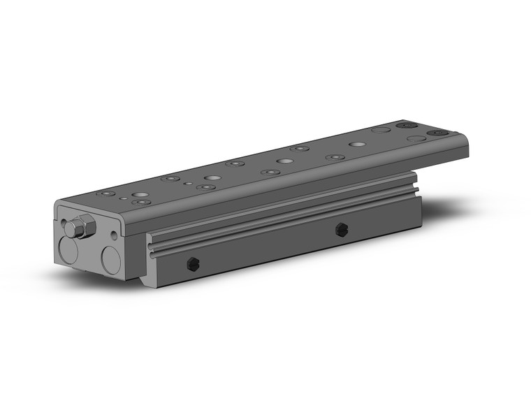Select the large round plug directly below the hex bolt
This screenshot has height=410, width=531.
pos(68,251)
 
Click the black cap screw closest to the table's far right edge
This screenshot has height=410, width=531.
pos(438,132)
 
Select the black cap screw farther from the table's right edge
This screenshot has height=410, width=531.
pos(404,126)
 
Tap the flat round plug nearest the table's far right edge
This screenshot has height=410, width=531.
pos(416,138)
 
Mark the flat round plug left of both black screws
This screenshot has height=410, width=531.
pos(381,130)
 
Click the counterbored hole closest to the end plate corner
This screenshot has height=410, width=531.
pos(107,193)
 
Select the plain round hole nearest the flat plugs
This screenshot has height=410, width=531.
pos(357,144)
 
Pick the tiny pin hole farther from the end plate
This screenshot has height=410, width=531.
pos(187,184)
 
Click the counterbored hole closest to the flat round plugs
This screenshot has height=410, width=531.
pos(335,158)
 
